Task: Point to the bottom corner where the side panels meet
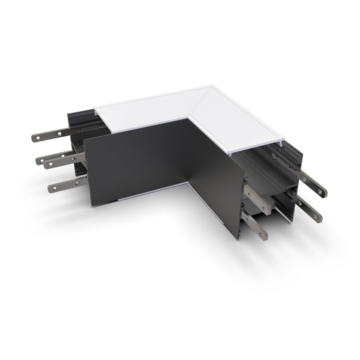[x=187, y=186]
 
